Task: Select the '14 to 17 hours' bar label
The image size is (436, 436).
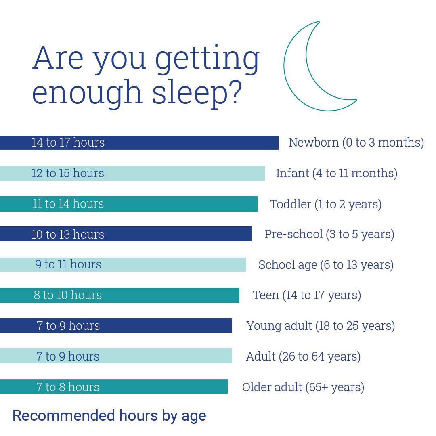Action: (x=68, y=143)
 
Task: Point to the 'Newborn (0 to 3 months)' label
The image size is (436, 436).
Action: (x=356, y=143)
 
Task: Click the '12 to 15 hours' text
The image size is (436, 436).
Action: (x=68, y=173)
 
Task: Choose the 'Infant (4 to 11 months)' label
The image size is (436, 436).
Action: (x=337, y=173)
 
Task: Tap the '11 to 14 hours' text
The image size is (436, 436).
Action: (x=68, y=204)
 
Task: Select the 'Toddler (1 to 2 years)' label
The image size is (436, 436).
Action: (x=326, y=204)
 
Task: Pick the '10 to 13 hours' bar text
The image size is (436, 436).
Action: (x=68, y=234)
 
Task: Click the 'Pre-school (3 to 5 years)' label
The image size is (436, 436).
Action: (x=329, y=234)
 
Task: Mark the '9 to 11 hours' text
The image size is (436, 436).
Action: (x=68, y=264)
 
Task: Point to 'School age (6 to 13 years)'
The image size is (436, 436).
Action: (x=326, y=265)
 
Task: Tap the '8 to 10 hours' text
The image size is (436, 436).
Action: (x=68, y=295)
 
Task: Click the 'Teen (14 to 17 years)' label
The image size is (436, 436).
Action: (x=307, y=295)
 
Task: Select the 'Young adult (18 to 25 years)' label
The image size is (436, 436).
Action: (x=321, y=326)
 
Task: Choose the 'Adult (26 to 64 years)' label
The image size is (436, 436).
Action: (x=303, y=356)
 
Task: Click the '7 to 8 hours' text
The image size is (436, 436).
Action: (x=68, y=387)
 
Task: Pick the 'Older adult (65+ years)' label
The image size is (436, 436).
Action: (x=303, y=387)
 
